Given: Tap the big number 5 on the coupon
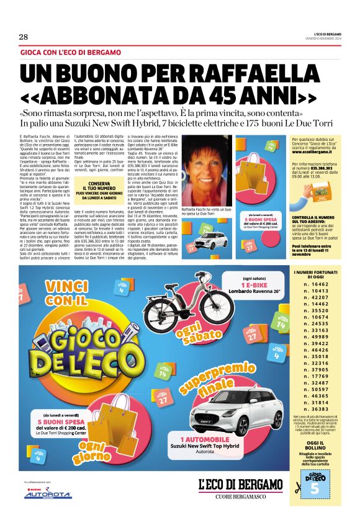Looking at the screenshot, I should tap(314, 488).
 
